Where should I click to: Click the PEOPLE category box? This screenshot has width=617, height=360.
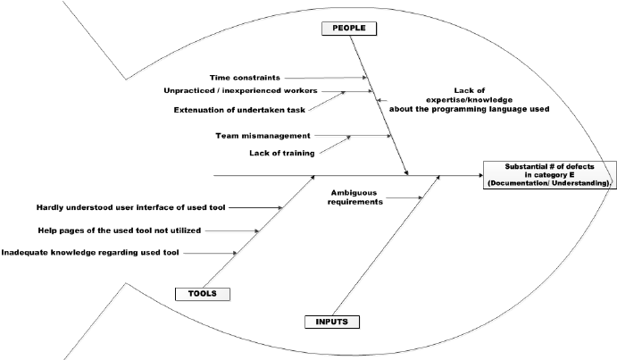coord(349,28)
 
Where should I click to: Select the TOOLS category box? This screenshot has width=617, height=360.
coord(201,293)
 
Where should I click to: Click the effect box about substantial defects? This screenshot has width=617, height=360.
coord(547,174)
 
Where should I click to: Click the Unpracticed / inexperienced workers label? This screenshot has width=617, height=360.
coord(239,91)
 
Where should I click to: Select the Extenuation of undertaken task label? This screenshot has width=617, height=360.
coord(230,110)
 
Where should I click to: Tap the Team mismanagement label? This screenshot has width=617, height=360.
coord(263,136)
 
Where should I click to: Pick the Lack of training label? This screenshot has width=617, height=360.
coord(279,153)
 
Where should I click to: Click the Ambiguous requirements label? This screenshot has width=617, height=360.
coord(357,197)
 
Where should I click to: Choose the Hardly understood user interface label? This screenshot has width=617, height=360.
coord(131,207)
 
